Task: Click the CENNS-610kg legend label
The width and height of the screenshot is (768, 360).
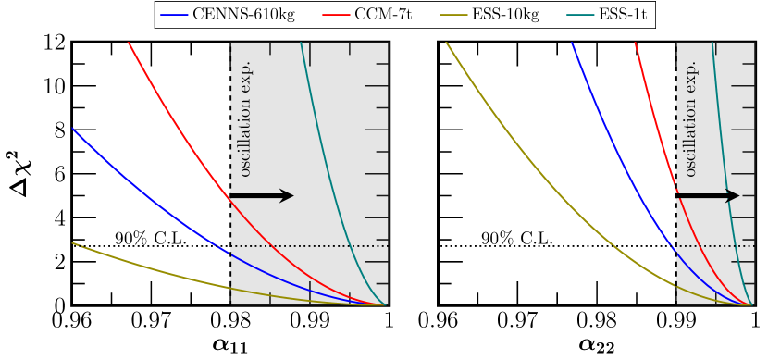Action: (x=243, y=16)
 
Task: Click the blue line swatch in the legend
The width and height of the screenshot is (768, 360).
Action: (x=174, y=16)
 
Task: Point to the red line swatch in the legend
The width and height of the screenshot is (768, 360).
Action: (x=337, y=16)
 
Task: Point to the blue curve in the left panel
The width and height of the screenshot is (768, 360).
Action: (x=139, y=184)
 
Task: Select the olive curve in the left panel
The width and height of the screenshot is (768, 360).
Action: (x=139, y=264)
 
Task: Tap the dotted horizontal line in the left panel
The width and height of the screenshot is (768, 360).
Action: (x=305, y=246)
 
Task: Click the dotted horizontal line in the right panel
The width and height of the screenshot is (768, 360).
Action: (x=731, y=246)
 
